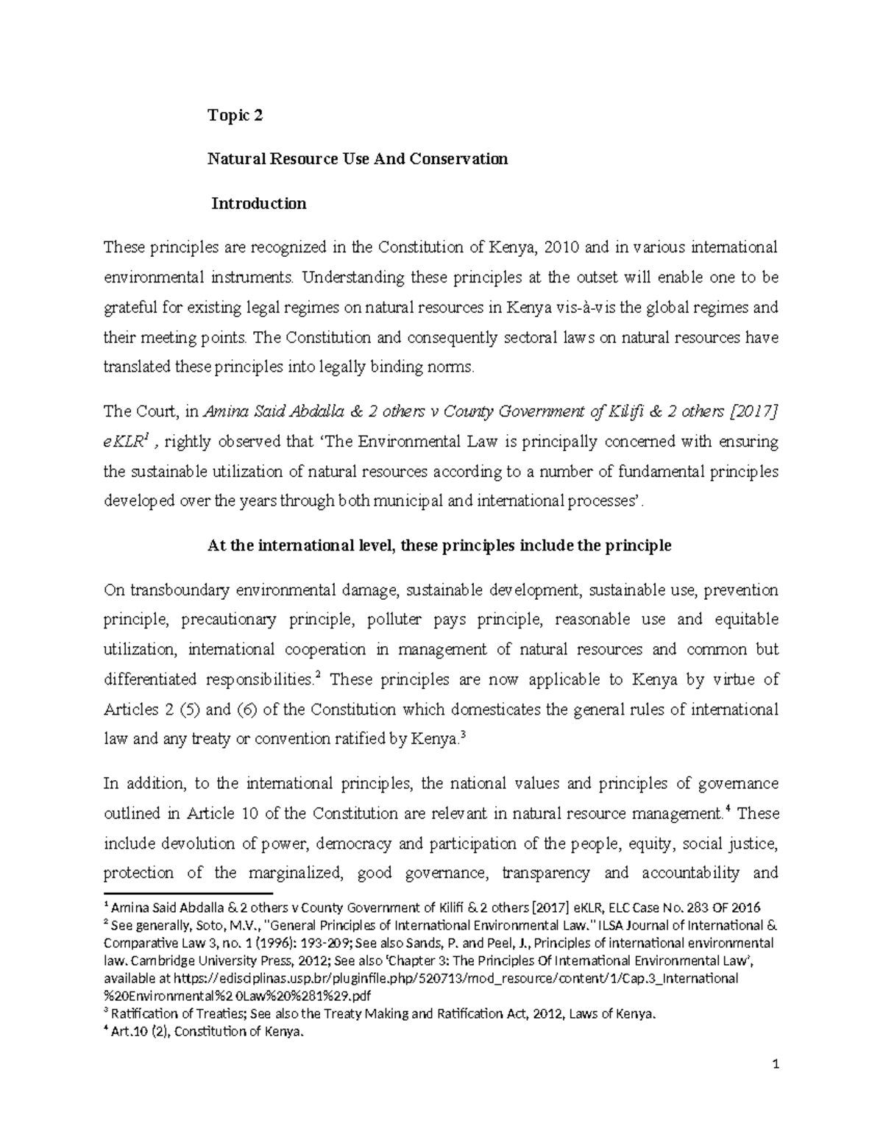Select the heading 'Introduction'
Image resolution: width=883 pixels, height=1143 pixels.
coord(259,203)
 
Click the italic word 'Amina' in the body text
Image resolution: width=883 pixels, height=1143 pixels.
coord(221,411)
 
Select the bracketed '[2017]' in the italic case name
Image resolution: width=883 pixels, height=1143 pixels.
coord(751,411)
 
